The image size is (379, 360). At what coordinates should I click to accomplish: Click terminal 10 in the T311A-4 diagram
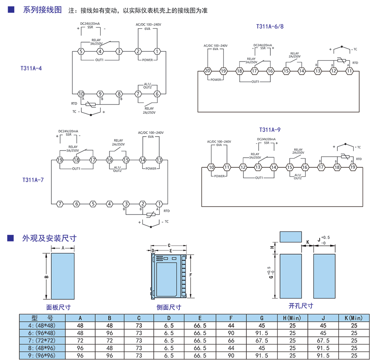pyautogui.click(x=81, y=94)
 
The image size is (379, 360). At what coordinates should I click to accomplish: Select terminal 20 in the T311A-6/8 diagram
pyautogui.click(x=207, y=71)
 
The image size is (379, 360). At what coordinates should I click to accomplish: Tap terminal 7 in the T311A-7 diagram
pyautogui.click(x=60, y=204)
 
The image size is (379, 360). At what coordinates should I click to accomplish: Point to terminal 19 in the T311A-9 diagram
pyautogui.click(x=352, y=167)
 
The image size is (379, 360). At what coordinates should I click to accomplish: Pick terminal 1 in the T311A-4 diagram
pyautogui.click(x=157, y=51)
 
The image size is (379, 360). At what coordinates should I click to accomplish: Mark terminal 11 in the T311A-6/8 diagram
pyautogui.click(x=349, y=71)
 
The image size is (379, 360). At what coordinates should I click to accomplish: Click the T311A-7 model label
pyautogui.click(x=33, y=180)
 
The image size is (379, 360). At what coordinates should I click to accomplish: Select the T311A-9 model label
pyautogui.click(x=270, y=129)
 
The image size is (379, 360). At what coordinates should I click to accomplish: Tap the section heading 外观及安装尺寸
pyautogui.click(x=49, y=238)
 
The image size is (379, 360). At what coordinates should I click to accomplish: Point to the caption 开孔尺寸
pyautogui.click(x=301, y=306)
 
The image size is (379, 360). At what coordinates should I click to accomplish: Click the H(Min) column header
pyautogui.click(x=292, y=318)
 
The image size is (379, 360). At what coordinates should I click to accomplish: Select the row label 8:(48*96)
pyautogui.click(x=41, y=348)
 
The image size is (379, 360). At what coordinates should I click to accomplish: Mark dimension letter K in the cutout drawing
pyautogui.click(x=308, y=242)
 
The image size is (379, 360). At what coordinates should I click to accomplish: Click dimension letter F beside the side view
pyautogui.click(x=190, y=275)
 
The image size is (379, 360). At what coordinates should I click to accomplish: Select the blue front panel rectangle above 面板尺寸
pyautogui.click(x=63, y=275)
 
